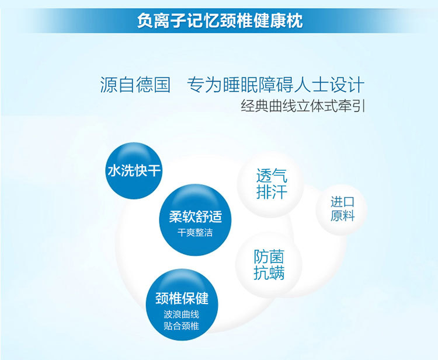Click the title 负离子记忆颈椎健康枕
coord(220,20)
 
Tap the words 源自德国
coord(135,85)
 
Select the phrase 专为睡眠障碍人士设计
coord(276,85)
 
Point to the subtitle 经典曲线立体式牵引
coord(303,106)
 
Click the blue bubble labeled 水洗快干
coord(134,170)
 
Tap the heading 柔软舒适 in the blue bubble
coord(195,216)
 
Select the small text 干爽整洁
coord(195,232)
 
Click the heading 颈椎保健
coord(182,298)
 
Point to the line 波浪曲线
coord(181,314)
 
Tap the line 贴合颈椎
coord(181,326)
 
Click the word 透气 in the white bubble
coord(272,176)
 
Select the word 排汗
coord(272,192)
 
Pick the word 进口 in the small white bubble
coord(342,202)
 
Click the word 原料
coord(342,215)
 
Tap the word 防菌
coord(269,257)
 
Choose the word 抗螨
coord(269,272)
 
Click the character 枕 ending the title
coord(295,20)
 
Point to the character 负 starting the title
coord(145,20)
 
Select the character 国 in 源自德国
coord(162,85)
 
